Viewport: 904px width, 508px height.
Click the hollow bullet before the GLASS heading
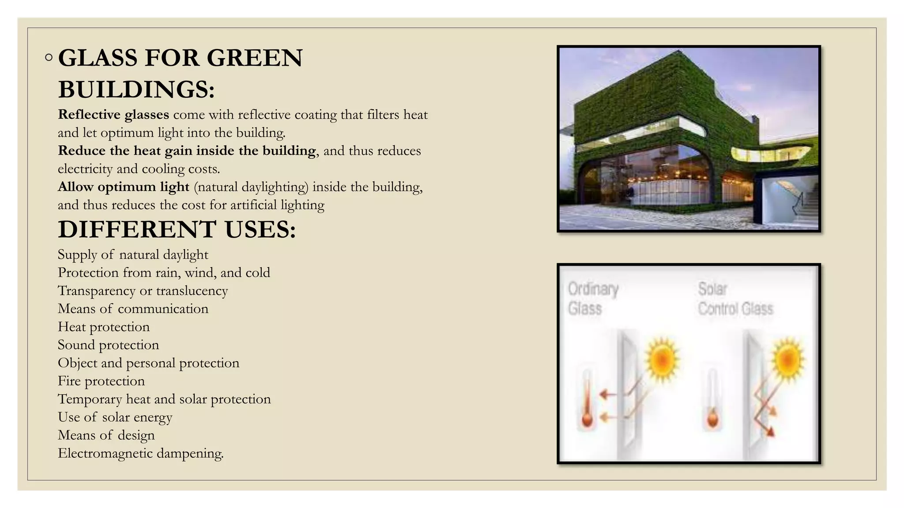point(49,58)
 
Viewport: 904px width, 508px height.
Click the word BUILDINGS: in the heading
point(136,90)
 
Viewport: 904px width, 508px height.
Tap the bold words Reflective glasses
point(113,115)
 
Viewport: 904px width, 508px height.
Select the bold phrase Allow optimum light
point(124,187)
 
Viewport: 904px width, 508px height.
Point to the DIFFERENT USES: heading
point(177,230)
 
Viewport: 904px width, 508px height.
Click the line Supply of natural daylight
point(133,254)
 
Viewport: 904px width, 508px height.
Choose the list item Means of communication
point(133,309)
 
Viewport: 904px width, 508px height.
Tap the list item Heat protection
point(104,327)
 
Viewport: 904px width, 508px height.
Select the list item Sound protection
point(108,345)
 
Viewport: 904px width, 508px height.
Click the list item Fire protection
point(101,381)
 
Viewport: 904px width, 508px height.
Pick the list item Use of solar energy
point(115,417)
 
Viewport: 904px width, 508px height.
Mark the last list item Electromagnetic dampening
point(140,453)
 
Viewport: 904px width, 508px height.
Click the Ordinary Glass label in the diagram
point(592,299)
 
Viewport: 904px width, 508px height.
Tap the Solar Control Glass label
point(735,299)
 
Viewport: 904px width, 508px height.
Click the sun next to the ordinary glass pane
point(662,359)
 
